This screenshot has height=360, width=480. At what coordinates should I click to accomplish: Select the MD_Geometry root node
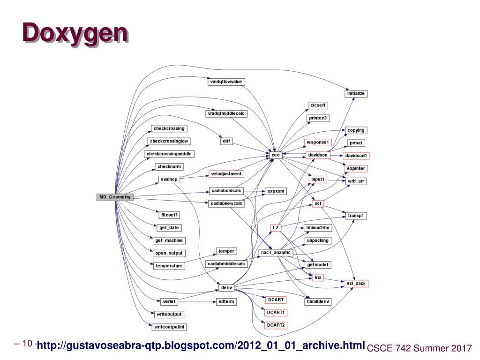(x=115, y=197)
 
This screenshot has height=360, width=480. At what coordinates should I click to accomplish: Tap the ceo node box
(x=276, y=155)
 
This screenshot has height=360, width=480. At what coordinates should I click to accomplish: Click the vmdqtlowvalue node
(x=226, y=82)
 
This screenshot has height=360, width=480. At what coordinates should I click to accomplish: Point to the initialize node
(x=356, y=93)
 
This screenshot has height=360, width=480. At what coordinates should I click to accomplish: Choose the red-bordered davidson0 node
(x=356, y=156)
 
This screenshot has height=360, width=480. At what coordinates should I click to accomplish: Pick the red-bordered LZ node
(x=276, y=228)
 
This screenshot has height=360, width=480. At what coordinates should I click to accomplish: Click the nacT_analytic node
(x=276, y=253)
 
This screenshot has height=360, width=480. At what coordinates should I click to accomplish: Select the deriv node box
(x=226, y=287)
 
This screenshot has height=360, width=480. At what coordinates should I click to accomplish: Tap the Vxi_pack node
(x=356, y=284)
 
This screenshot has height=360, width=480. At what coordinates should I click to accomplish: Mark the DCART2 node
(x=276, y=325)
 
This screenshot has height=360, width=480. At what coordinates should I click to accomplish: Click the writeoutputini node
(x=169, y=327)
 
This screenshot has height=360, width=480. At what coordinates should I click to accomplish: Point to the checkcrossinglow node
(x=169, y=141)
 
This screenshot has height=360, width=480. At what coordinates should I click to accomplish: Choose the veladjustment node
(x=226, y=174)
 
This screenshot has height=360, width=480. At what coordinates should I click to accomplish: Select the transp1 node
(x=356, y=216)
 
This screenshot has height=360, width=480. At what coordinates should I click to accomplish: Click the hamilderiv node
(x=318, y=302)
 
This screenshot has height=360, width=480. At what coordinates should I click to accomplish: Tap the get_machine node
(x=169, y=240)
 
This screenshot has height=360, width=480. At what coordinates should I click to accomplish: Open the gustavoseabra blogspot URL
(x=201, y=346)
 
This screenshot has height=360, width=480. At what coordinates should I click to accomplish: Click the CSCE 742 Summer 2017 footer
(x=419, y=348)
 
